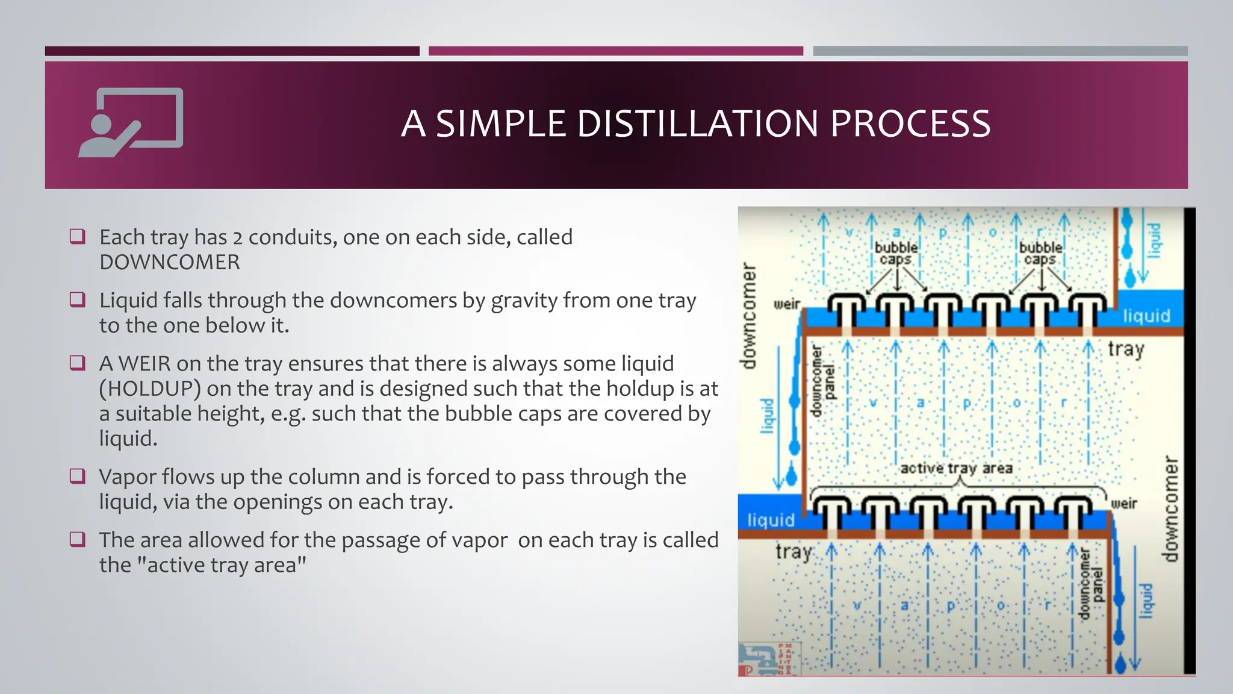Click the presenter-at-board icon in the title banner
point(131,122)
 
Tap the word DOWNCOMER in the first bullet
point(170,262)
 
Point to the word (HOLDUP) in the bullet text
point(150,389)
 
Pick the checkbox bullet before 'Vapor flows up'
point(78,477)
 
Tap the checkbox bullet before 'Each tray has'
point(78,237)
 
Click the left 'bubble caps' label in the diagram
point(896,254)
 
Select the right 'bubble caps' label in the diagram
point(1040,254)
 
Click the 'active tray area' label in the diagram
point(956,468)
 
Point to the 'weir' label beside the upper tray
point(786,304)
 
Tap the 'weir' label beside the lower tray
point(1123,503)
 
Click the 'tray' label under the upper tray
point(1126,349)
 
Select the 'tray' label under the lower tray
point(794,551)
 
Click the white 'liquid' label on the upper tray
point(1146,316)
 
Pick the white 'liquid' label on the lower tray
point(771,520)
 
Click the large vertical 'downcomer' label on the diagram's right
point(1170,509)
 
